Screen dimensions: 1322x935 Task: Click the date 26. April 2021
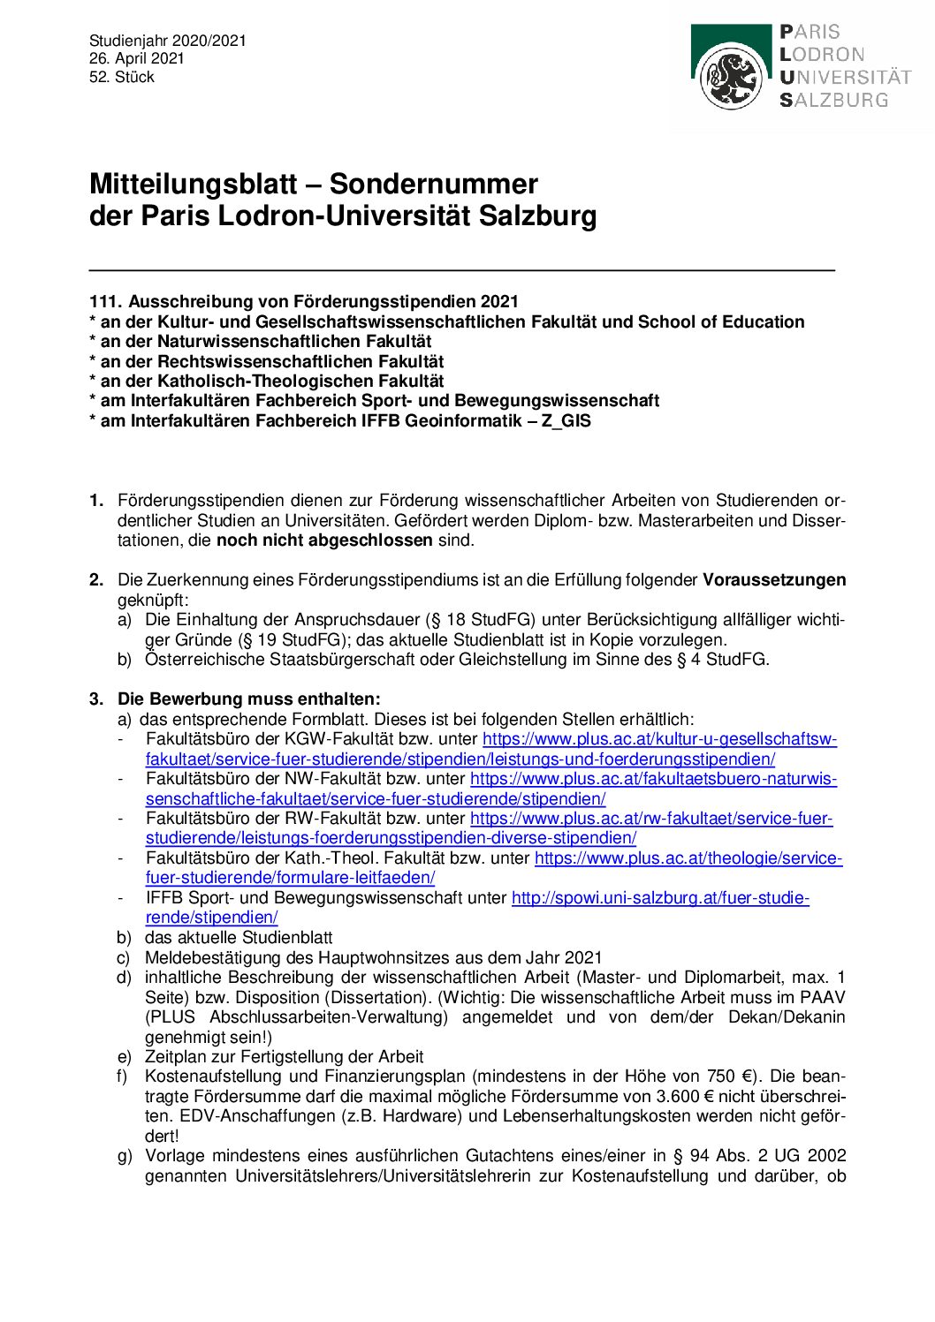pos(136,58)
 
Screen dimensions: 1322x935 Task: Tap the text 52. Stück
pos(121,77)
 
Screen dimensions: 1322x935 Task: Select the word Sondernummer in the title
pos(433,184)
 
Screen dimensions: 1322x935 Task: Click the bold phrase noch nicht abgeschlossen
pos(324,540)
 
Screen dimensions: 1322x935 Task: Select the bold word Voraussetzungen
pos(774,580)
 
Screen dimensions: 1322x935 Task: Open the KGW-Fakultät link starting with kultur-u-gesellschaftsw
pos(659,739)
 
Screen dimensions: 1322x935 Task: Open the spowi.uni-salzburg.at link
pos(659,898)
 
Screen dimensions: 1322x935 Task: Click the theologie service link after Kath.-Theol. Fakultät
pos(688,858)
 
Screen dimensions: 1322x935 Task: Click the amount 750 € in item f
pos(729,1076)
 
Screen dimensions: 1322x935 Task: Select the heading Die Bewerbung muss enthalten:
pos(249,699)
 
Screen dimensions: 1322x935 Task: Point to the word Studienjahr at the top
pos(128,41)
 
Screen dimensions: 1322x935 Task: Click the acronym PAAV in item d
pos(822,997)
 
